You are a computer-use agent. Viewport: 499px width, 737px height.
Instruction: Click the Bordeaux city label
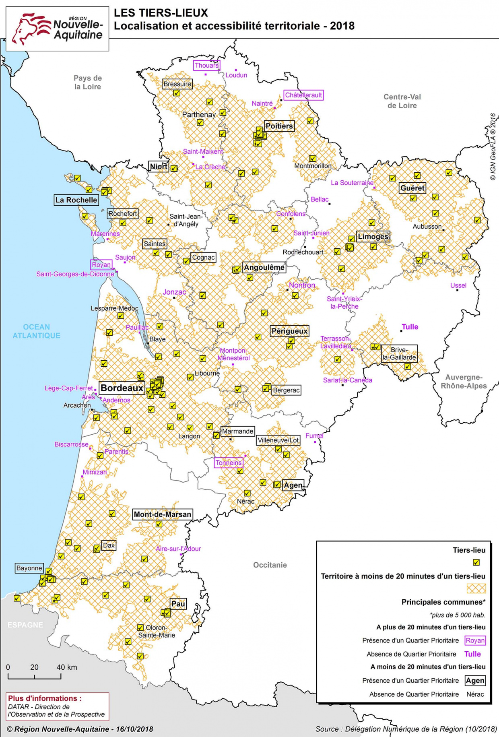coord(122,388)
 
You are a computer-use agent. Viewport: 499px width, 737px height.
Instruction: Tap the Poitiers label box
coord(279,126)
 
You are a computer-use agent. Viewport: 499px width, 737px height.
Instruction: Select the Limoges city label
coord(373,237)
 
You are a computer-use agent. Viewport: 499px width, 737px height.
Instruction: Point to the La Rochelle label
coord(76,200)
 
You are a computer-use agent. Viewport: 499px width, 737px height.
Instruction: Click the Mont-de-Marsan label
coord(162,514)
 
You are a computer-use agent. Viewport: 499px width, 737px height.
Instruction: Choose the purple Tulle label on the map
coord(410,327)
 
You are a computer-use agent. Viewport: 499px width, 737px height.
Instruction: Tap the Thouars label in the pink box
coord(206,65)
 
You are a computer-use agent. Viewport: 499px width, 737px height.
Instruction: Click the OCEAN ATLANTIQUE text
coord(36,331)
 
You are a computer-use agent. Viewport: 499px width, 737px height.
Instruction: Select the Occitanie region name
coord(270,565)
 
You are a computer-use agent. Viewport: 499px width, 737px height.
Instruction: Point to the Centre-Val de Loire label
coord(402,101)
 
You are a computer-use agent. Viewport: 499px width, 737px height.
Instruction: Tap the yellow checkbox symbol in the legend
coord(476,562)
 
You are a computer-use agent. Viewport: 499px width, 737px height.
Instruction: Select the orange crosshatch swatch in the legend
coord(476,588)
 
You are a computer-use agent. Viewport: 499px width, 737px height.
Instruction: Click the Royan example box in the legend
coord(475,640)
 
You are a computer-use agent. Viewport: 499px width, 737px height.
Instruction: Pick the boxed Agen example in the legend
coord(475,681)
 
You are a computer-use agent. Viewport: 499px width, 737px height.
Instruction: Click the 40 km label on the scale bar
coord(66,667)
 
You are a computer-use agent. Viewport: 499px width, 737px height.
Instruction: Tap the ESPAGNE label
coord(25,625)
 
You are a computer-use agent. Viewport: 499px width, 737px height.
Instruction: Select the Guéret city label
coord(412,188)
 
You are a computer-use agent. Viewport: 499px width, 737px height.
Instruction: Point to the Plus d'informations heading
coord(45,698)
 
